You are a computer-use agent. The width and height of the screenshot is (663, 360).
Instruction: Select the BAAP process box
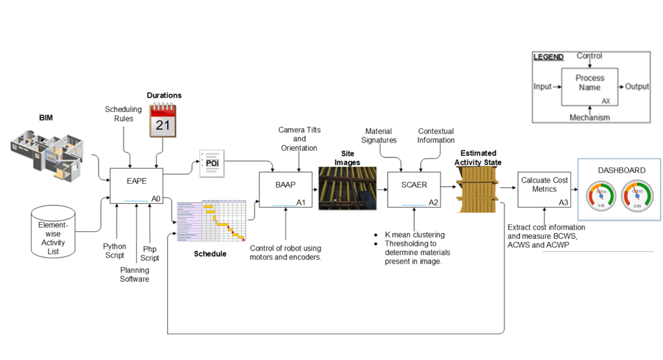[x=285, y=190]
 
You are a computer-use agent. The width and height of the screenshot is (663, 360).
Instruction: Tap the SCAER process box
[x=414, y=190]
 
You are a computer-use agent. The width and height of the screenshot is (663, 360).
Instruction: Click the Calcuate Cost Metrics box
[x=545, y=190]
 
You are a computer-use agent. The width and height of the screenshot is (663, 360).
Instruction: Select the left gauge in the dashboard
[x=601, y=196]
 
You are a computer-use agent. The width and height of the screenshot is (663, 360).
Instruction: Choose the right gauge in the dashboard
[x=637, y=196]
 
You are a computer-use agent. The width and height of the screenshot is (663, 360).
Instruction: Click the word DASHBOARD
[x=621, y=170]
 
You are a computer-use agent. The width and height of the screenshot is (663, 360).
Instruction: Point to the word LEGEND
[x=548, y=57]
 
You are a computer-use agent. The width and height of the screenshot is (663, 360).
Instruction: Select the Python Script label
[x=115, y=251]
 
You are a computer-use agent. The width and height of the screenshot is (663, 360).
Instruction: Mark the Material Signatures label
[x=379, y=136]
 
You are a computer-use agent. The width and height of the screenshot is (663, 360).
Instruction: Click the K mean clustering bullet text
[x=415, y=234]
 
